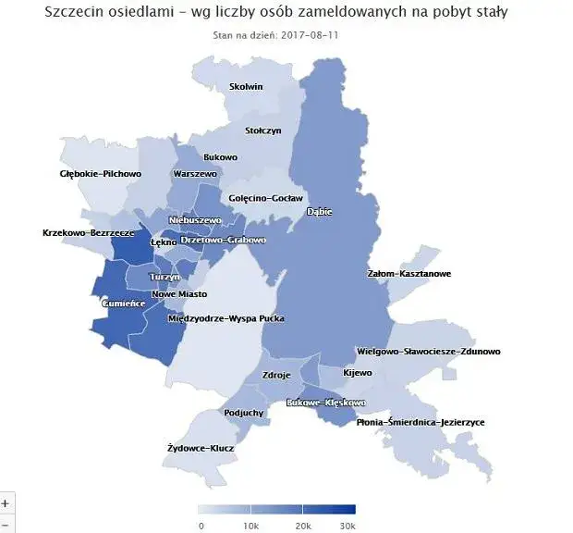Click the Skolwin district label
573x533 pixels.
coord(246,87)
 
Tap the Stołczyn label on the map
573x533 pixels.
coord(262,130)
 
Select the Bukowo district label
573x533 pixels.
coord(220,157)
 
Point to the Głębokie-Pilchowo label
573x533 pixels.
coord(100,173)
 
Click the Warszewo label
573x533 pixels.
coord(195,174)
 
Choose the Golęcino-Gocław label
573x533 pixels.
coord(265,198)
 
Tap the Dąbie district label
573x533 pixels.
coord(319,212)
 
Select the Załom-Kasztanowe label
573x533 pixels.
coord(408,274)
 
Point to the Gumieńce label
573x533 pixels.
coord(125,303)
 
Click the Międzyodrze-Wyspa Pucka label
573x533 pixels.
coord(226,318)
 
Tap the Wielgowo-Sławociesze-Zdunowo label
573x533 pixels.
coord(428,353)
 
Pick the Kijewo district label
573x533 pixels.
coord(357,373)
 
